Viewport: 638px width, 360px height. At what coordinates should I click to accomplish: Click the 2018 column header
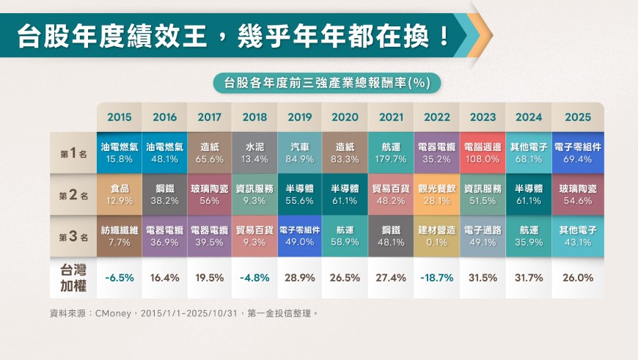(254, 117)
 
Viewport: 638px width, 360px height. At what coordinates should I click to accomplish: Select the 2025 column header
(576, 117)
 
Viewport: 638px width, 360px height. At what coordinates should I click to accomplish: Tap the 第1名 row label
(74, 153)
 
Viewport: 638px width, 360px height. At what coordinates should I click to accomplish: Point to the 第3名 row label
(74, 236)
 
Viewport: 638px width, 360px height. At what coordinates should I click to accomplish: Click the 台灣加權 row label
(74, 277)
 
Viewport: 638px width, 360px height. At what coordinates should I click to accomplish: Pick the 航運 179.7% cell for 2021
(391, 153)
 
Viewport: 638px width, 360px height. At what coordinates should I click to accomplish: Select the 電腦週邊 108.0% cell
(483, 153)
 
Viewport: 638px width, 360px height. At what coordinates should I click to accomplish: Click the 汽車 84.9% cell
(300, 153)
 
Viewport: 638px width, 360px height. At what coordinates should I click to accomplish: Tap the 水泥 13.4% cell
(254, 153)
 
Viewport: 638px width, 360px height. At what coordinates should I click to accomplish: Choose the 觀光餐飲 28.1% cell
(437, 194)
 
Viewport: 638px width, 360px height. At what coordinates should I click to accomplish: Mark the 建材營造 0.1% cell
(437, 235)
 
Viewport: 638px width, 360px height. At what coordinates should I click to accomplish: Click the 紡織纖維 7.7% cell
(119, 235)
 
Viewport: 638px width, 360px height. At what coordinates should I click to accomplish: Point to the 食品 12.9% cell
(119, 194)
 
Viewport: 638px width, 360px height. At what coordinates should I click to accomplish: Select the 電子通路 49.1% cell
(483, 235)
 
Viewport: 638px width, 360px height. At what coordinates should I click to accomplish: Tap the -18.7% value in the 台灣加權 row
(437, 278)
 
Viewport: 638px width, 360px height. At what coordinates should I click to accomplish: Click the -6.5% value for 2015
(119, 278)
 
